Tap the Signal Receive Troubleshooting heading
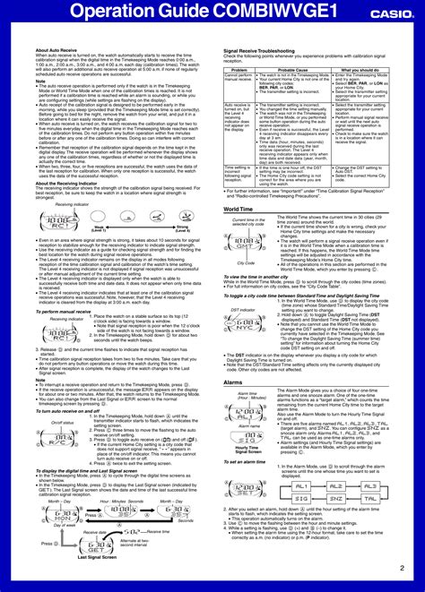(x=269, y=51)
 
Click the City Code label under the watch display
(x=247, y=262)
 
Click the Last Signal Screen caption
(x=97, y=581)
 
